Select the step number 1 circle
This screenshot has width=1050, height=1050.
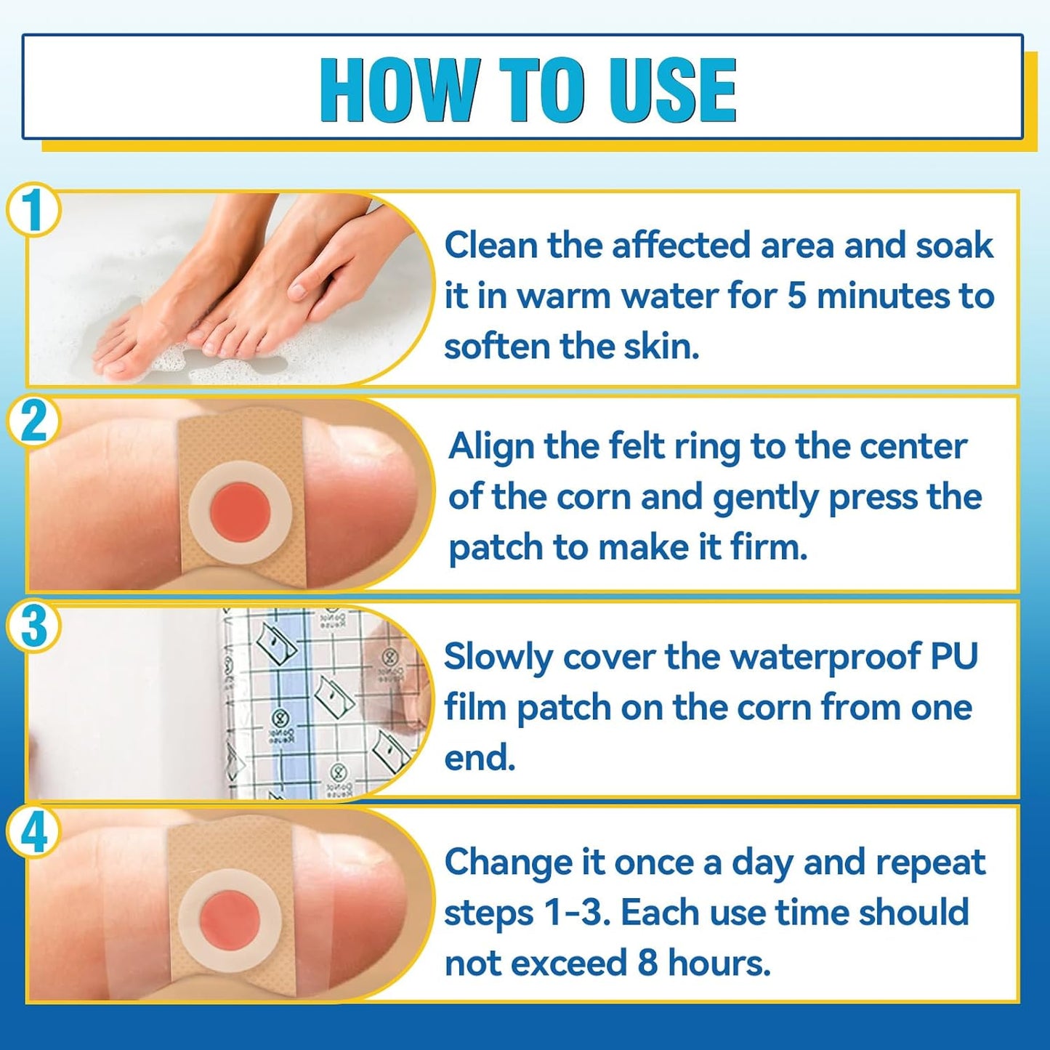(x=33, y=210)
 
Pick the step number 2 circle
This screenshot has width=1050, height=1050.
(x=33, y=421)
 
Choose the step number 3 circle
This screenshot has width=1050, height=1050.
(x=33, y=626)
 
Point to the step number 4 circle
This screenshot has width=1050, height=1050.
(x=33, y=833)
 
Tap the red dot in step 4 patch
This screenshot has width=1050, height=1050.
(x=230, y=921)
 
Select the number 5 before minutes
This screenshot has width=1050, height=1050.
(x=797, y=296)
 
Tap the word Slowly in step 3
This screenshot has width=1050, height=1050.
(x=498, y=658)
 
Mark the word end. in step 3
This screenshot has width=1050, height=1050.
(x=480, y=758)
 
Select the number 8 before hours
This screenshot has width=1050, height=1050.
(x=647, y=964)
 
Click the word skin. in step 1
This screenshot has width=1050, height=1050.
(x=661, y=347)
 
